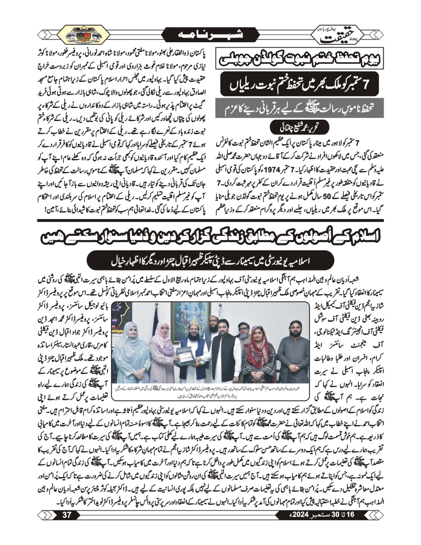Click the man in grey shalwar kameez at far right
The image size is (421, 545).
point(291,354)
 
